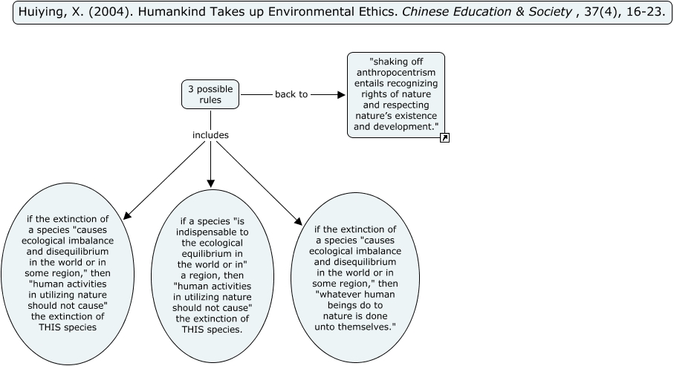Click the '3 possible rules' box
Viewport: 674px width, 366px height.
[210, 94]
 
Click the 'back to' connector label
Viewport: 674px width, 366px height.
[291, 94]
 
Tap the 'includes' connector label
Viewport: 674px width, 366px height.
[210, 135]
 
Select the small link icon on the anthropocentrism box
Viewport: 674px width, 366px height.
[444, 137]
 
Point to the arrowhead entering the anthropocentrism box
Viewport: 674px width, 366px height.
[341, 94]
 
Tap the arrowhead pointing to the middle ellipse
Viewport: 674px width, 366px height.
[210, 183]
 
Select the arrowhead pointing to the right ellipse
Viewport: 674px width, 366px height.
[299, 221]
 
